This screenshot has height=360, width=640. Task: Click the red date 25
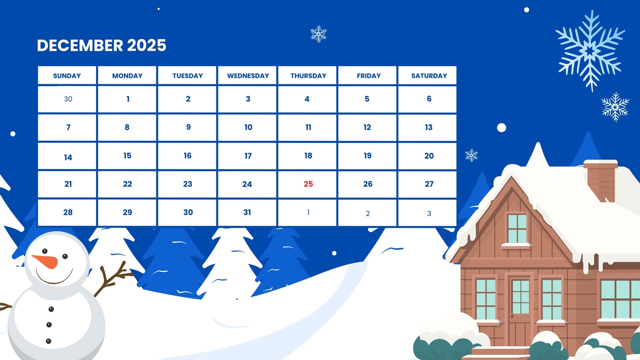point(308,184)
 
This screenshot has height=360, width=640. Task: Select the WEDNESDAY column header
point(248,76)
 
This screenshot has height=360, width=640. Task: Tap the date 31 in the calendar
point(247,212)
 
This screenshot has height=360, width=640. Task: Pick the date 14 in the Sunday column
point(68,158)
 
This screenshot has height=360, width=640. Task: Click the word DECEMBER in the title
point(80,46)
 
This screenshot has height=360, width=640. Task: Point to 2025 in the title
point(146,46)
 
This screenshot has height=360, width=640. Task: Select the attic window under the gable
point(517,228)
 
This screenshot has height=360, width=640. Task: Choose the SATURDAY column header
point(429,76)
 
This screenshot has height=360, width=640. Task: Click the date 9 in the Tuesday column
point(188,127)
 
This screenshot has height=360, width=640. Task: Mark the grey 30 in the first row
point(68,99)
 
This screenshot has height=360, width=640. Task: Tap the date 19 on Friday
point(368,156)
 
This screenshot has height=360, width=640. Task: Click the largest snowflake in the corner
point(590,51)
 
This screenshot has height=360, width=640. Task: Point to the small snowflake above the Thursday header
point(318,34)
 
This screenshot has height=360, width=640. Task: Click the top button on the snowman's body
point(51,309)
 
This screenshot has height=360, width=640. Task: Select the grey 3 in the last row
point(429,214)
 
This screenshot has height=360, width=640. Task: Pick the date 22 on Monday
point(128,184)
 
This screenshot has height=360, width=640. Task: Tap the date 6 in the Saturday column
point(429,98)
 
